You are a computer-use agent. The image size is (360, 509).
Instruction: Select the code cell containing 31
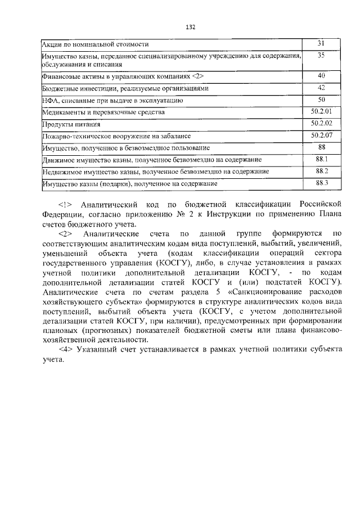click(321, 43)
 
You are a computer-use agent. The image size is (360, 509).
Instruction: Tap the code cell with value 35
click(321, 56)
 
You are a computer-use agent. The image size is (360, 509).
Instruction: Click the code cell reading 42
click(321, 88)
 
